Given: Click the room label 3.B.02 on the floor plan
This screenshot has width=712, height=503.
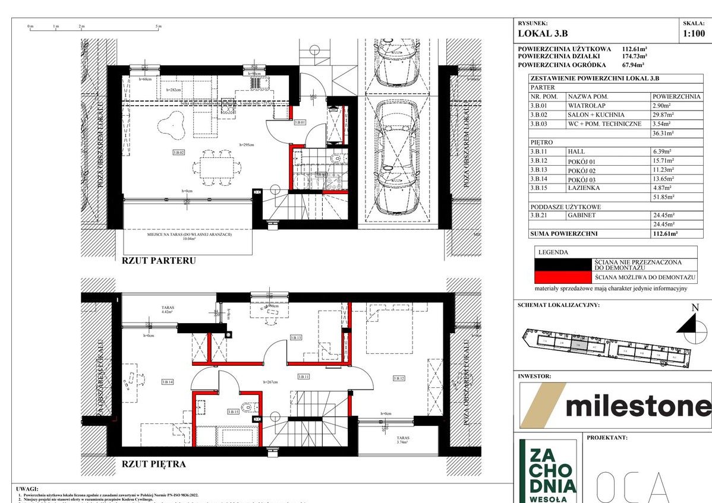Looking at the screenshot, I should pyautogui.click(x=179, y=153).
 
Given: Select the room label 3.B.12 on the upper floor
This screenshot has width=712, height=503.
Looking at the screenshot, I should pyautogui.click(x=399, y=378).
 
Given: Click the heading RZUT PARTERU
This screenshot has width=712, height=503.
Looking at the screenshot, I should pyautogui.click(x=158, y=260).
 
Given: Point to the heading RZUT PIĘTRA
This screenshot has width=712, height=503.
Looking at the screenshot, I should pyautogui.click(x=154, y=464).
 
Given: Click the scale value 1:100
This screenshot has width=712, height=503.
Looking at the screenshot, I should pyautogui.click(x=696, y=34).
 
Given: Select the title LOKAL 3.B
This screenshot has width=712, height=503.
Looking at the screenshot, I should pyautogui.click(x=541, y=34).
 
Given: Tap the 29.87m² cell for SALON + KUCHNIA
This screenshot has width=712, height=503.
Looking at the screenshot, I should pyautogui.click(x=666, y=115).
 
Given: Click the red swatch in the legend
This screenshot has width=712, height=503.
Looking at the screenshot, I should pyautogui.click(x=563, y=277).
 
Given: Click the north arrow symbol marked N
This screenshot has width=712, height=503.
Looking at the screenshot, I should pyautogui.click(x=686, y=323).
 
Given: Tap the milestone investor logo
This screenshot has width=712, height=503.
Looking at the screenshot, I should pyautogui.click(x=615, y=406).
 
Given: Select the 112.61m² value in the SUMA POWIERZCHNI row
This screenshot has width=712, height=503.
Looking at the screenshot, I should pyautogui.click(x=666, y=234).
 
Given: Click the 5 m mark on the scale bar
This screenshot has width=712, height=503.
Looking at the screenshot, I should pyautogui.click(x=158, y=27).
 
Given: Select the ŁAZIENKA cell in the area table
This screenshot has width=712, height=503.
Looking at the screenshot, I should pyautogui.click(x=584, y=188).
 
